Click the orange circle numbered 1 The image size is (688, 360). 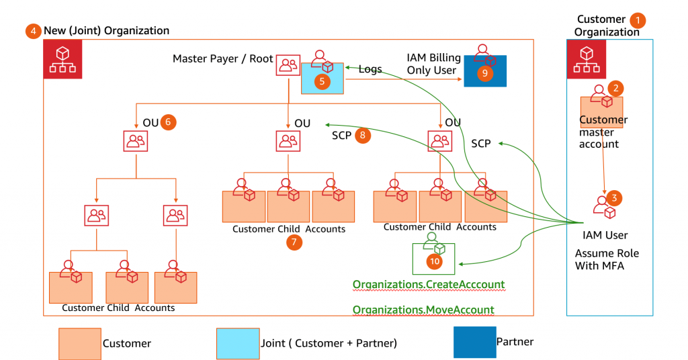tap(638, 21)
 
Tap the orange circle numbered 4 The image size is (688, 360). tap(34, 31)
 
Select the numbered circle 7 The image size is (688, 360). tap(294, 242)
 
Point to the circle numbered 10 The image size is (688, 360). tap(435, 261)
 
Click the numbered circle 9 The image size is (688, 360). tap(485, 73)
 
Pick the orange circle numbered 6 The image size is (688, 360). tap(168, 122)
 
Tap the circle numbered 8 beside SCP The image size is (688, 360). tap(362, 135)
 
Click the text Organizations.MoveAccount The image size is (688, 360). tap(423, 310)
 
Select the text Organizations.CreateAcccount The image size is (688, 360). tap(429, 284)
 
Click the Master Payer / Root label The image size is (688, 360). tap(223, 58)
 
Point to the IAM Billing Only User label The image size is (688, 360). tap(433, 64)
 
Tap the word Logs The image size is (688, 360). tap(370, 69)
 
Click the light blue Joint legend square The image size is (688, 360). tap(238, 344)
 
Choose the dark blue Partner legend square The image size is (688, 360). tap(475, 342)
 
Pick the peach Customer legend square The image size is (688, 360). tap(80, 344)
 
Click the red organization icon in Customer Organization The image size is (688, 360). tap(586, 59)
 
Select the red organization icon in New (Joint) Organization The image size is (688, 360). tap(62, 59)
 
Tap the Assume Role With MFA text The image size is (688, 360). tap(607, 259)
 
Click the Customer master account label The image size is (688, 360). tap(603, 132)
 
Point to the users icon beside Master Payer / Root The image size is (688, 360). tap(288, 65)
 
